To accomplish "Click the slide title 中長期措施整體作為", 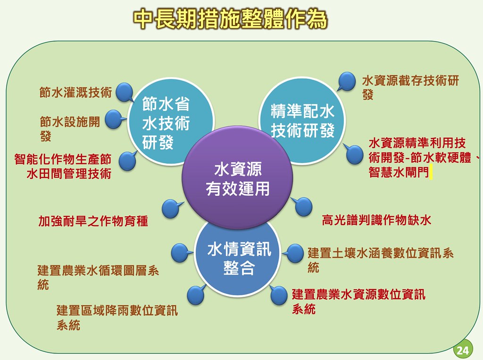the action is [x=230, y=19].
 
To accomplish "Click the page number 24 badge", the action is [x=463, y=350].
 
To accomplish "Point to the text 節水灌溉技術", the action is [x=75, y=92].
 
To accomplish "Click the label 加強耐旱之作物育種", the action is [x=93, y=221].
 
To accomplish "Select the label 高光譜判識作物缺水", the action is [x=376, y=220].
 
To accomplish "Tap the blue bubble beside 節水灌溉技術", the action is [x=125, y=92].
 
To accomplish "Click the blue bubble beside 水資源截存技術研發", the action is [x=347, y=81].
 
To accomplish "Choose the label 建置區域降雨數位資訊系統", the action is [x=117, y=318].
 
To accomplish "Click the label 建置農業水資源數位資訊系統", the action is [x=358, y=301].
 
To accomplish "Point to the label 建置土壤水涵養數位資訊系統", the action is [x=381, y=260].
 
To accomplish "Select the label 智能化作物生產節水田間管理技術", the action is [x=63, y=167].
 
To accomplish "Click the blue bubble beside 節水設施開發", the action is [x=114, y=119].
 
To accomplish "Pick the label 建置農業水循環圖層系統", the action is [x=98, y=277].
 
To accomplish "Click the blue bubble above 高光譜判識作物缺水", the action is [x=303, y=206].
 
